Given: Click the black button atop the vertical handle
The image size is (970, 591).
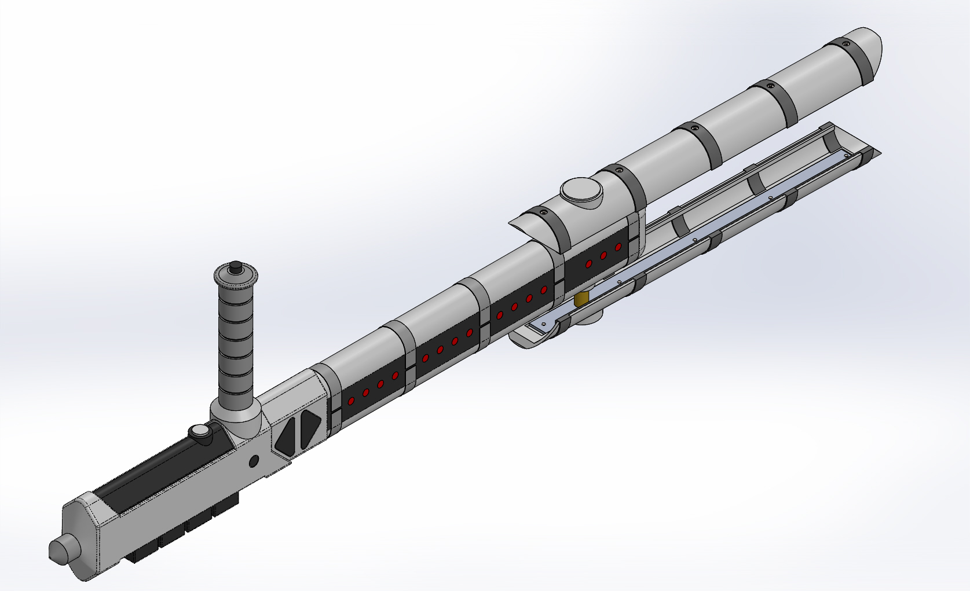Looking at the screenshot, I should (x=235, y=268).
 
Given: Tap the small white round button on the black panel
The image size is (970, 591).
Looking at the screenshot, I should (x=199, y=432).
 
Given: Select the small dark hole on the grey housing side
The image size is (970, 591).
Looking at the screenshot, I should (x=253, y=461).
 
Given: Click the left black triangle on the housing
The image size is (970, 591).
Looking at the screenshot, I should (x=286, y=437).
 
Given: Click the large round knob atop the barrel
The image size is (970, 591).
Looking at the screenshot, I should (x=581, y=190).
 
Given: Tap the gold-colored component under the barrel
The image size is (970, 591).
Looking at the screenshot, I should (x=581, y=299).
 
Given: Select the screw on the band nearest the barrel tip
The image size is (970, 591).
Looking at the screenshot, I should (x=845, y=43).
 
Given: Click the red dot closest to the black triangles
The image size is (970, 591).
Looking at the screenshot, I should (x=351, y=400).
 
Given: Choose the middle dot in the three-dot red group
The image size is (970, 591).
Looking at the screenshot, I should (x=603, y=255).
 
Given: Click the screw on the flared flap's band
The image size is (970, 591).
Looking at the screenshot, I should (x=543, y=213).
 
